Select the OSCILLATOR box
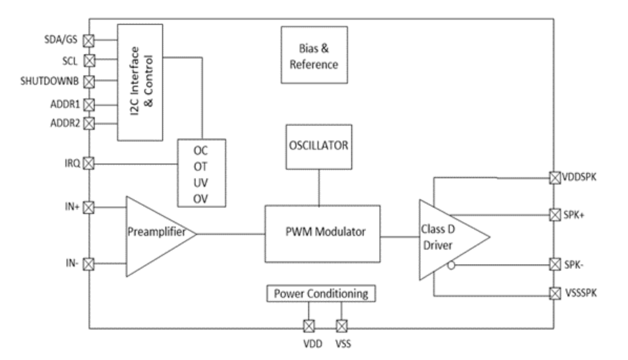pos(319,146)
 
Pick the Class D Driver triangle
pos(448,238)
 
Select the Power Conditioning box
pos(322,293)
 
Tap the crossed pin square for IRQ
pos(89,163)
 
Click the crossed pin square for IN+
pos(89,207)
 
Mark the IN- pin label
pos(71,263)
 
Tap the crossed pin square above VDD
pos(308,326)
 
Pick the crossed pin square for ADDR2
pos(89,122)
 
